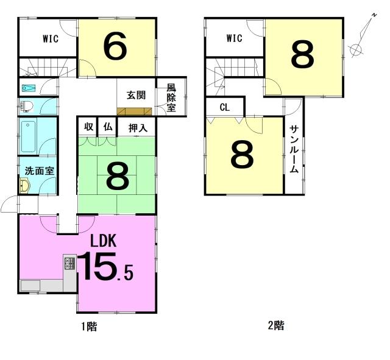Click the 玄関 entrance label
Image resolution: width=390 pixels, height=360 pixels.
point(136,95)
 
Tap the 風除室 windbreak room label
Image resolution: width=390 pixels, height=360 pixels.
point(171,97)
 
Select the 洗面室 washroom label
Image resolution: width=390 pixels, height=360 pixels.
point(39,171)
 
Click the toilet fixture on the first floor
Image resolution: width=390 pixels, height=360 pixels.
point(27,107)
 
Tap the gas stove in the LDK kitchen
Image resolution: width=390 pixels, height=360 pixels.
point(69,263)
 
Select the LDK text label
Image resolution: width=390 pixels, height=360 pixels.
point(103,241)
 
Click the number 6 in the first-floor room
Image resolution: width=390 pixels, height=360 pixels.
point(115,47)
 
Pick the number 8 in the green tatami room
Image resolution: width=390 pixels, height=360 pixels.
point(118,175)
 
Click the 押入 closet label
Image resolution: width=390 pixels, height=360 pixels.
point(138,128)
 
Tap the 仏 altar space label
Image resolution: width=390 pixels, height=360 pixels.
point(108,127)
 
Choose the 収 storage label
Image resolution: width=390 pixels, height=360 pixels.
point(88,127)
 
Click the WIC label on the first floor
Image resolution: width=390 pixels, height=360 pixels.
point(51,39)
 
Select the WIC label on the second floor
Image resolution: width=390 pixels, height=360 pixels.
point(234,38)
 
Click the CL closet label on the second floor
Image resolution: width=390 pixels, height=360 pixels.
point(225,107)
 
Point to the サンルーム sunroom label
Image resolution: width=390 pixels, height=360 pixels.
point(294,149)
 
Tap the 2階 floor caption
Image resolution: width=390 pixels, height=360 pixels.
point(275,326)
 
